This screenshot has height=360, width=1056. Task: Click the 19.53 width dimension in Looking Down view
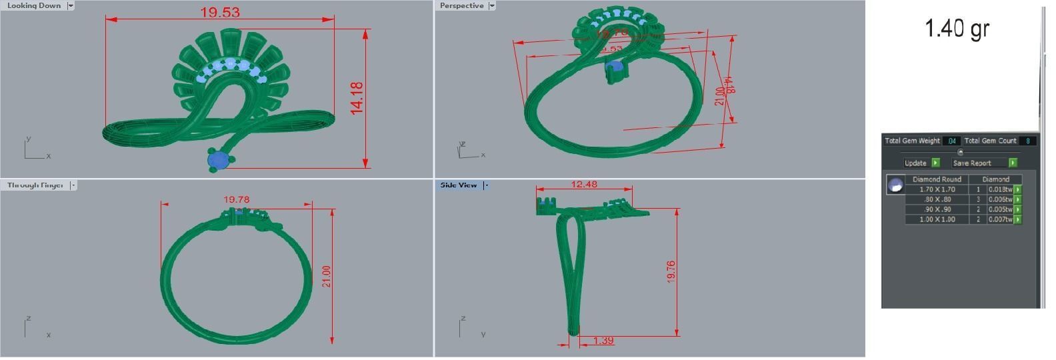click(x=219, y=12)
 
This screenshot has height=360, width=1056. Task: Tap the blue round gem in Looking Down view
click(x=217, y=160)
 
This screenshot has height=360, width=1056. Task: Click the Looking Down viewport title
click(x=34, y=5)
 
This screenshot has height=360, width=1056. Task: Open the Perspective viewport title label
click(x=461, y=5)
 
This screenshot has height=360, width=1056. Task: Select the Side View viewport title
click(x=459, y=185)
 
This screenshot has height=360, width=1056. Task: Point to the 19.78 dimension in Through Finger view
click(x=236, y=199)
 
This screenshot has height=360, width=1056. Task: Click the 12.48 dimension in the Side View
click(x=584, y=185)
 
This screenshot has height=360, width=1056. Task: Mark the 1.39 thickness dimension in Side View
click(x=603, y=341)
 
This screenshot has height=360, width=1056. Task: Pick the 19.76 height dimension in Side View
click(x=671, y=272)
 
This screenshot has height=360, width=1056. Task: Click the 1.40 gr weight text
click(x=957, y=28)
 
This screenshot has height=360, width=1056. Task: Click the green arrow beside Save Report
click(x=1013, y=163)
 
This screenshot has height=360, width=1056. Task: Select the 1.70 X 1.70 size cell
click(x=937, y=189)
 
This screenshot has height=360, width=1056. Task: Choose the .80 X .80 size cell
click(x=937, y=199)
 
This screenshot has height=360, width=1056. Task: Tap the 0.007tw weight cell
click(x=1000, y=219)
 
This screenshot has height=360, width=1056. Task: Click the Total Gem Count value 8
click(x=1028, y=141)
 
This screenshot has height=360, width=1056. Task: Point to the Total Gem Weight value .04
click(x=951, y=141)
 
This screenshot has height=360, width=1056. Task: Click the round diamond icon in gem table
click(x=895, y=185)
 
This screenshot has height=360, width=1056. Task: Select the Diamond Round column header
click(x=937, y=179)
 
